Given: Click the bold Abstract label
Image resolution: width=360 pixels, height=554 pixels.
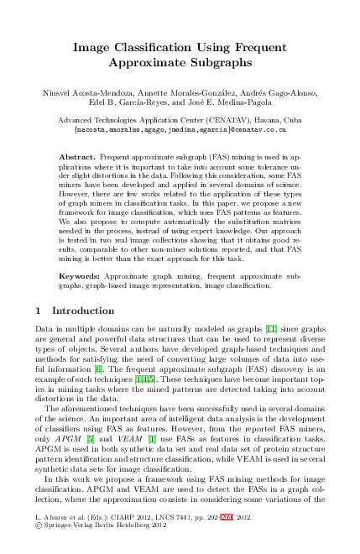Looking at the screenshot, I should point(81,157).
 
